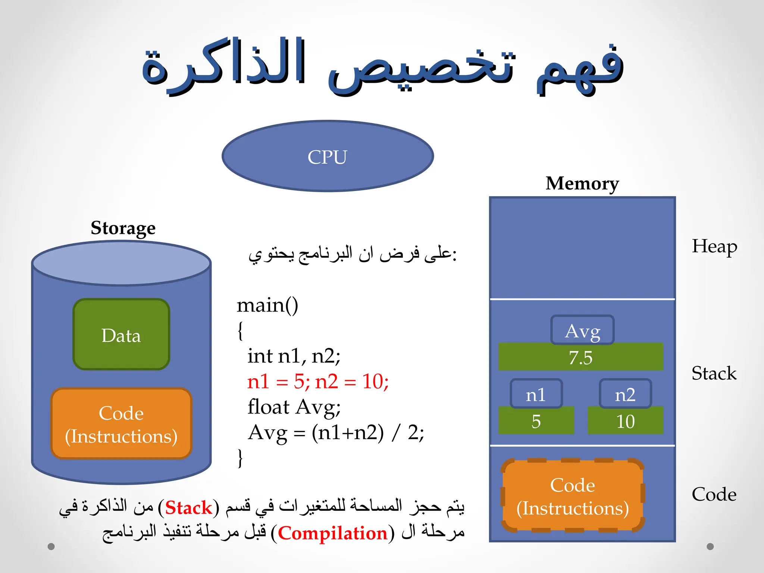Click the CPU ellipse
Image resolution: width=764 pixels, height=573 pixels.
pos(328,156)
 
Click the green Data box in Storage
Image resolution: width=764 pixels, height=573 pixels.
pos(121,335)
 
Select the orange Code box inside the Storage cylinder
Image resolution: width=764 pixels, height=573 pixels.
pos(121,424)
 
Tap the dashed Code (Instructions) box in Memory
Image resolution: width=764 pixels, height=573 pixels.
pos(573,496)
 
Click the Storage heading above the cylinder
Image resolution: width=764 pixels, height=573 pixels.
pos(123,228)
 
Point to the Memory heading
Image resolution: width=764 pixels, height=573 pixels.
pos(582,184)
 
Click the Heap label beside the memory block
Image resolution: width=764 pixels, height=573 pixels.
pos(714,247)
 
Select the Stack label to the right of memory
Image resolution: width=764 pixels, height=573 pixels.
pos(714,373)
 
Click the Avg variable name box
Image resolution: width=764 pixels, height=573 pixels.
pos(582,330)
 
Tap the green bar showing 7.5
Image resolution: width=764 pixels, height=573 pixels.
pos(580,357)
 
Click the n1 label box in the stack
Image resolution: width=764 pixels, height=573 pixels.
pos(536,394)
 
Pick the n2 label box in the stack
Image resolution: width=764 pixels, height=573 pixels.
pos(625,394)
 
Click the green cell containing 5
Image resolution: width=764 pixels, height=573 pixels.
pos(536,421)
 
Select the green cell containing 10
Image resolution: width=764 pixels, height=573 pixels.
pos(625,421)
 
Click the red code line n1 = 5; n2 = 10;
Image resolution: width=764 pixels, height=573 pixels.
pos(318,382)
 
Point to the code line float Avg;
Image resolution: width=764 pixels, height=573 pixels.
pos(294,407)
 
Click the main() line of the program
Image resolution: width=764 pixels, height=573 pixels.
pos(267,305)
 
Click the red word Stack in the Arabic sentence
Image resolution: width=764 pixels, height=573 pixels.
pos(188,508)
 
